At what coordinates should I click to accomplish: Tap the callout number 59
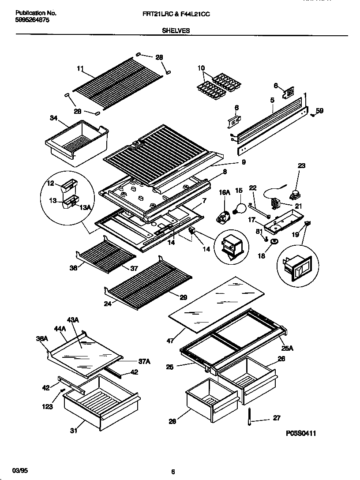coord(320,111)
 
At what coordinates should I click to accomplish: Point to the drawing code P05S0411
coord(301,434)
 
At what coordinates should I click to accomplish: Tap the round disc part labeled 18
coord(274,242)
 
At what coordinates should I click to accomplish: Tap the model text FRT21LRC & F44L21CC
coord(173,15)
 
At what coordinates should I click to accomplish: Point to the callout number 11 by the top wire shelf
coord(80,68)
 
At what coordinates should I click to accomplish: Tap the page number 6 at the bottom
coord(173,471)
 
